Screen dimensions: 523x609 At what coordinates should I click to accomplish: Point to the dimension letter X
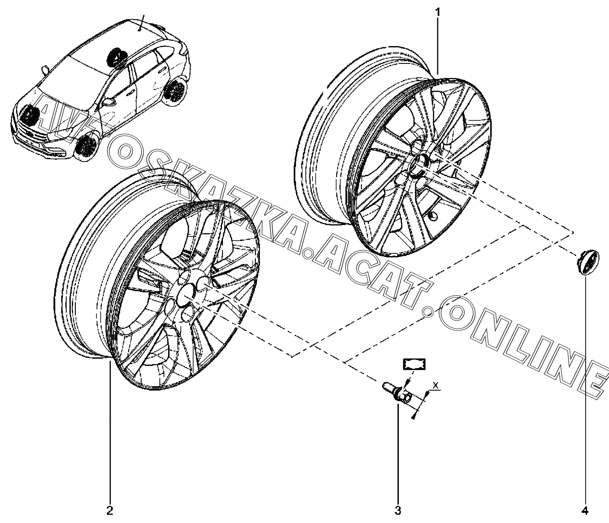(x=436, y=386)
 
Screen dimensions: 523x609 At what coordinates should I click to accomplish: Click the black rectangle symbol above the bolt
(x=413, y=364)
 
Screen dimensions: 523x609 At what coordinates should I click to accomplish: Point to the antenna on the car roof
(x=141, y=21)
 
